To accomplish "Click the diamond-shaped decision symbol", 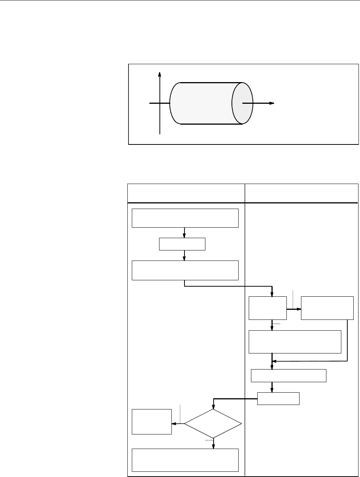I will [x=213, y=424].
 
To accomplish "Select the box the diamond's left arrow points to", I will [x=152, y=422].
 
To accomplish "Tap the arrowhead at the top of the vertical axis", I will [x=160, y=74].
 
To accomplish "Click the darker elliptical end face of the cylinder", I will [x=242, y=103].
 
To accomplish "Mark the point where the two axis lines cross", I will [x=160, y=103].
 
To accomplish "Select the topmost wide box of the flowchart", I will [x=185, y=218].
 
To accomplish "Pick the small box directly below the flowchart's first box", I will [x=182, y=244].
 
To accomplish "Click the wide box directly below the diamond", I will [x=185, y=460].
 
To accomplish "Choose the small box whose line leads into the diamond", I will [x=279, y=399].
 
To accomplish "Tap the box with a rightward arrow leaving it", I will [x=268, y=308].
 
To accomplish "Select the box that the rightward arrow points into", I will [x=327, y=308].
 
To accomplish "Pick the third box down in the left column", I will [x=185, y=271].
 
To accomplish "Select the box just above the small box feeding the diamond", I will [x=289, y=376].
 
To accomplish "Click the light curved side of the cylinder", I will [x=202, y=103].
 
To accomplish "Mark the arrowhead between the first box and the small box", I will [x=184, y=236].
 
